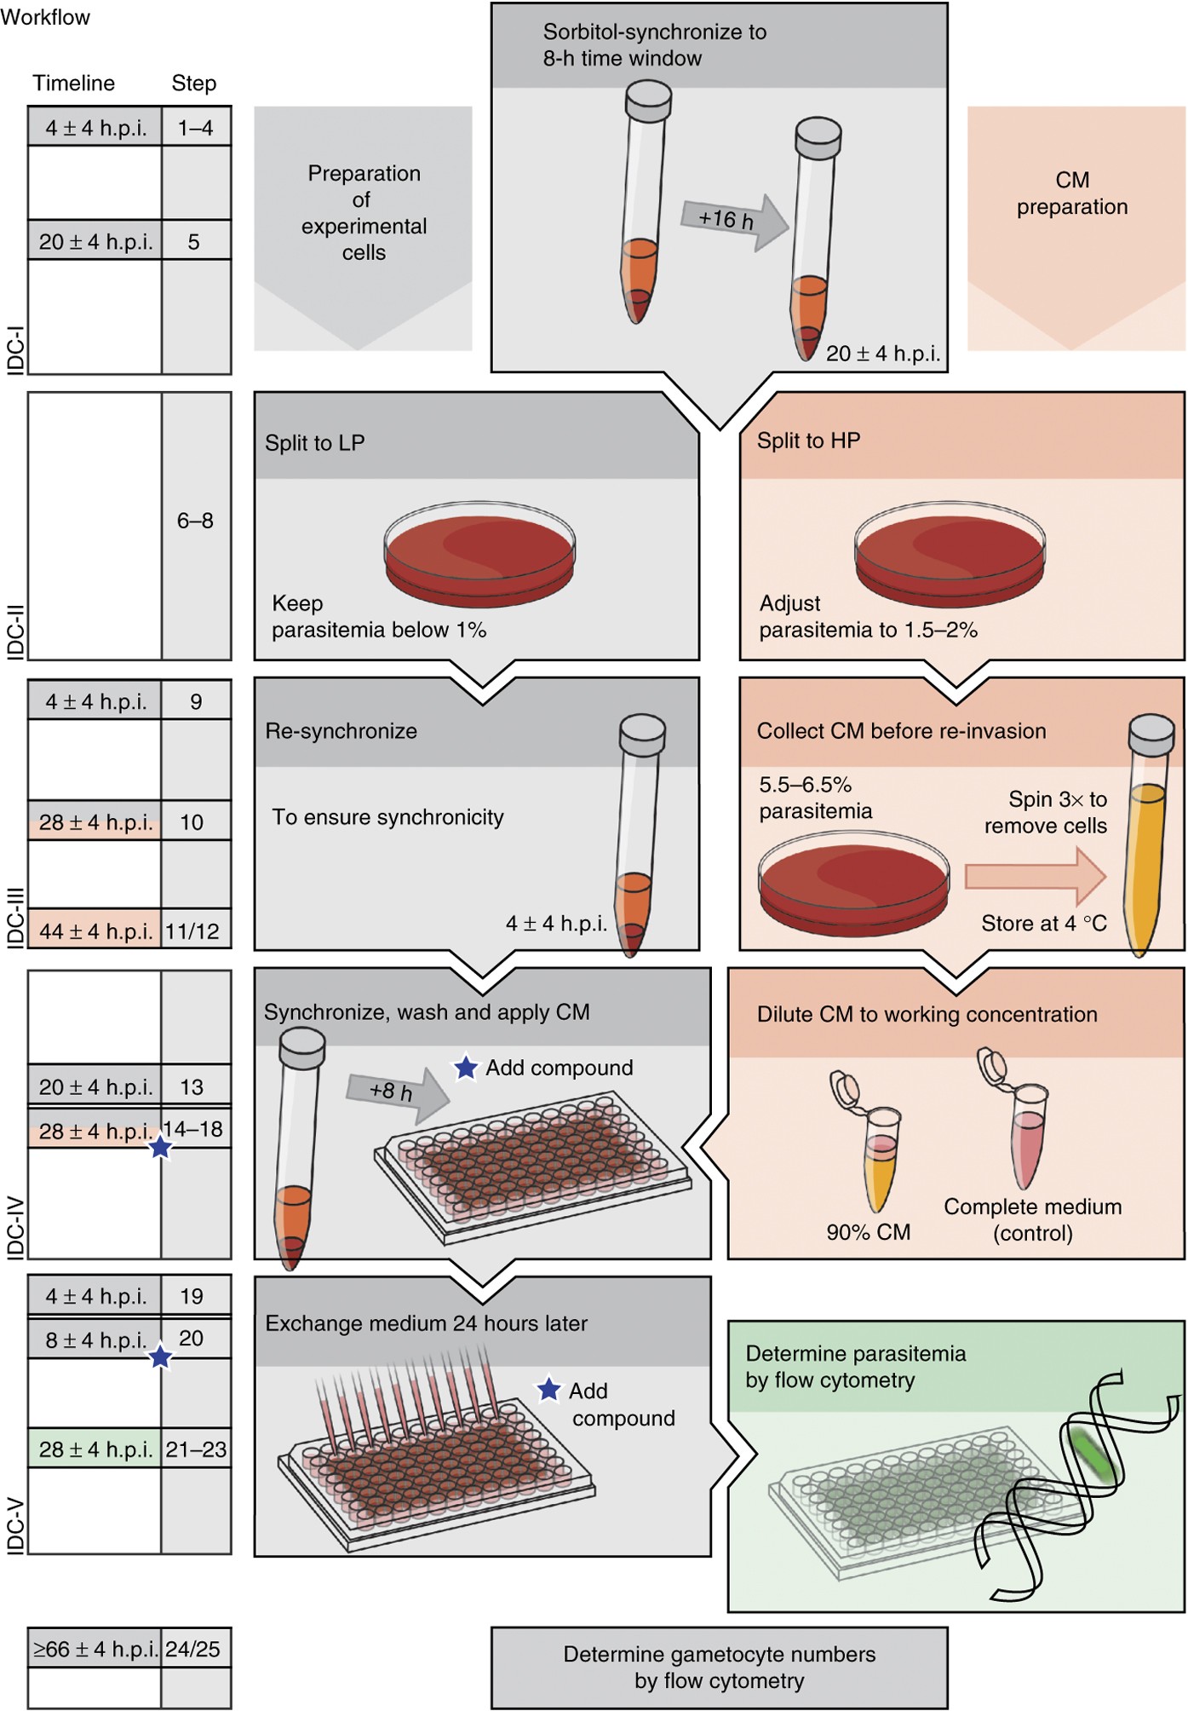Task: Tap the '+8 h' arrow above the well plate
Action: coord(396,1092)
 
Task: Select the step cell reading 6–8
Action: coord(195,521)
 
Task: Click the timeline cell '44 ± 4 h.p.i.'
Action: coord(95,930)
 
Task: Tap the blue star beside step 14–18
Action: coord(160,1147)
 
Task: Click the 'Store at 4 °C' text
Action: coord(1043,923)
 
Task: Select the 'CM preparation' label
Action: coord(1071,193)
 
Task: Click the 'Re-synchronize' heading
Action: coord(341,731)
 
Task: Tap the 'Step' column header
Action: coord(194,83)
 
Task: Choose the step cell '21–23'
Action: coord(196,1449)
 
